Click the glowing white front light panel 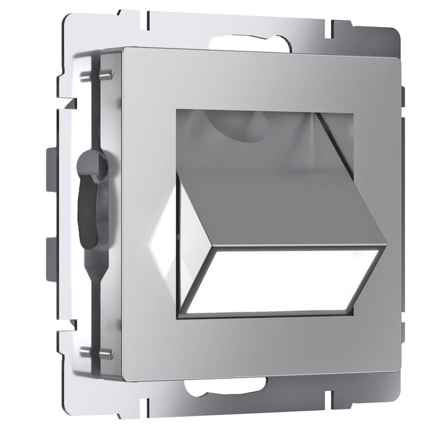click(x=284, y=282)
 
